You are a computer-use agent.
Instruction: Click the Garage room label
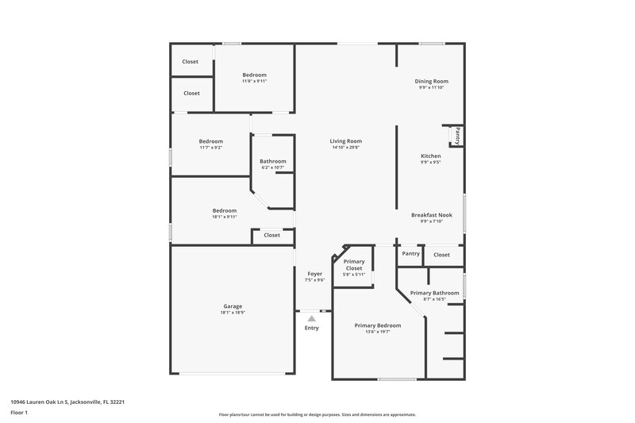233,306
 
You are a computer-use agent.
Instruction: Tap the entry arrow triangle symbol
312,318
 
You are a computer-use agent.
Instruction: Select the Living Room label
346,141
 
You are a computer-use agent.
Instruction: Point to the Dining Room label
432,81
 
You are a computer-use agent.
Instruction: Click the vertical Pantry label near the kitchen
458,136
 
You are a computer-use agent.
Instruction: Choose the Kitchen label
431,156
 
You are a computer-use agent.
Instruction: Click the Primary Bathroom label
434,293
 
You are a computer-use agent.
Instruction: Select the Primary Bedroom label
378,325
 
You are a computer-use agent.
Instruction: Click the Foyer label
315,274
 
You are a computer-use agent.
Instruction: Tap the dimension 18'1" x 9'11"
225,217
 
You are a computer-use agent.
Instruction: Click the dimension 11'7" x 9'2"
211,148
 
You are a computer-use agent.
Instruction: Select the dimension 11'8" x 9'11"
255,81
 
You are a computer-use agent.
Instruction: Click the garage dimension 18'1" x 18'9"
233,313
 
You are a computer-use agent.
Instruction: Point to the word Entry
312,328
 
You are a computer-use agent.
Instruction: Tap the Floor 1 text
19,413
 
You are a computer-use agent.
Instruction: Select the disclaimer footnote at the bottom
317,414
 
